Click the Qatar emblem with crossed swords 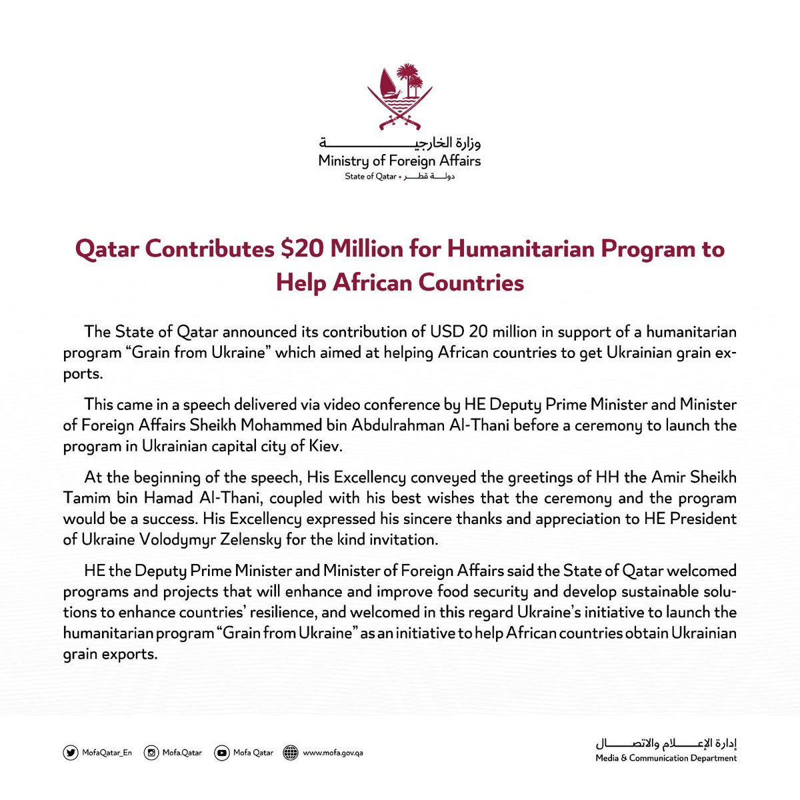coord(400,97)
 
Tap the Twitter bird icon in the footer coord(70,753)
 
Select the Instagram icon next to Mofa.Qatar coord(152,753)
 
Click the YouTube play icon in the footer coord(221,753)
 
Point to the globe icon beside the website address coord(291,753)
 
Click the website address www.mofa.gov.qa coord(333,753)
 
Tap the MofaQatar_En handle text coord(107,753)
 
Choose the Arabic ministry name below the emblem coord(400,143)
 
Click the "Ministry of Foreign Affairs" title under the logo coord(399,161)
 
